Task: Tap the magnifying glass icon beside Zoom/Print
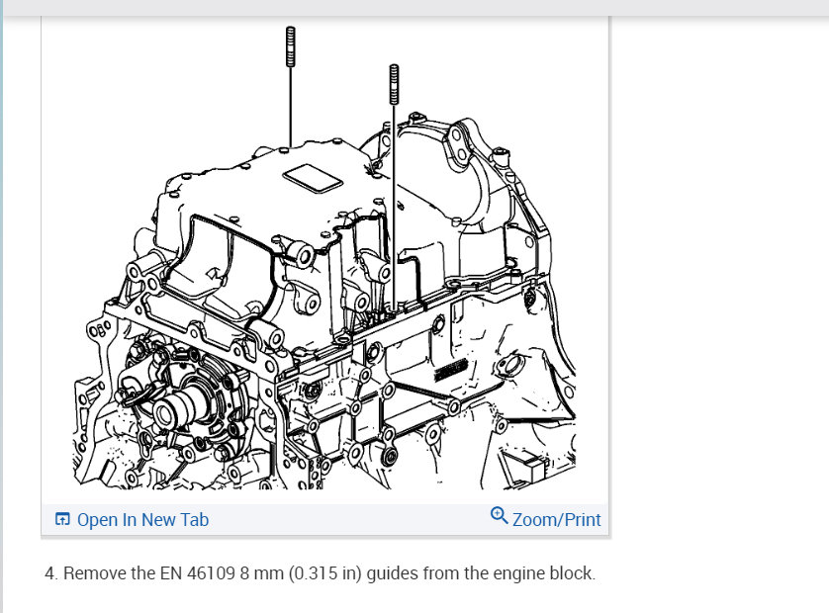(x=500, y=515)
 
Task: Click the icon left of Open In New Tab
(x=62, y=519)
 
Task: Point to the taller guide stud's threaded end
(x=290, y=46)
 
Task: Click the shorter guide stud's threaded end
(x=394, y=85)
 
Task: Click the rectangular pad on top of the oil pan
(x=313, y=178)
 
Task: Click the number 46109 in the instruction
(x=211, y=573)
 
